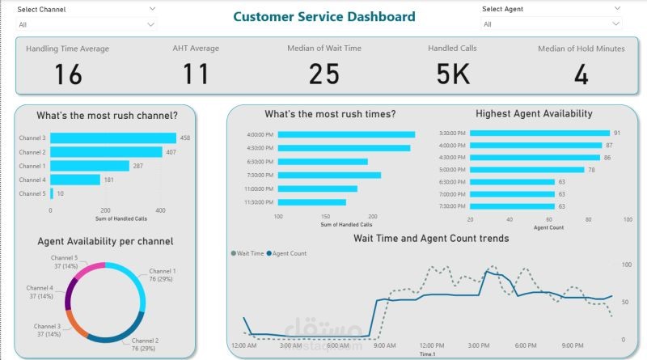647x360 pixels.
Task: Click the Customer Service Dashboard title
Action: tap(324, 16)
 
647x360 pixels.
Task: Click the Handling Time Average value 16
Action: tap(68, 74)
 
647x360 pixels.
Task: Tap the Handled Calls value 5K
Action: tap(452, 74)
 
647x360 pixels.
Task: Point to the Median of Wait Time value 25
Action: tap(323, 74)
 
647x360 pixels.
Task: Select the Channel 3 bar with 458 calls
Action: tap(113, 138)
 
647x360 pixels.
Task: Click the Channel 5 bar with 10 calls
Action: tap(52, 193)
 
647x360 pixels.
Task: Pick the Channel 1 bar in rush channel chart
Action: tap(90, 166)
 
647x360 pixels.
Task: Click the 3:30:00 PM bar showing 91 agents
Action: tap(539, 133)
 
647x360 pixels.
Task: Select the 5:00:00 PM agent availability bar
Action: tap(526, 170)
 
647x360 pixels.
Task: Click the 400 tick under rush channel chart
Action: tap(160, 210)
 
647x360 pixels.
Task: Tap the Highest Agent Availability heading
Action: tap(534, 114)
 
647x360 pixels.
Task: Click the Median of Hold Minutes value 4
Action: tap(581, 74)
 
